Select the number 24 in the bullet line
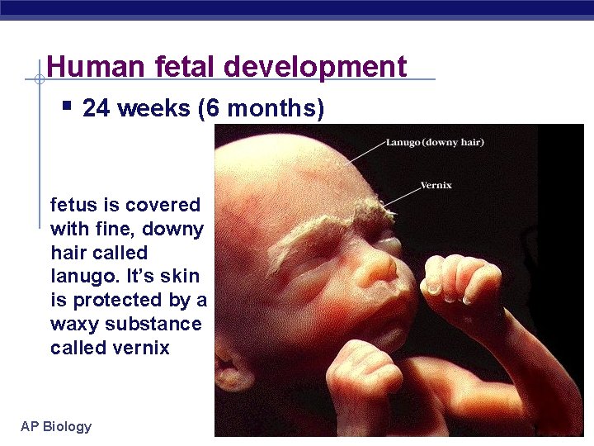[x=97, y=108]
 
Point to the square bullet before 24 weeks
[x=67, y=106]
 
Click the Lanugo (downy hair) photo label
[x=435, y=142]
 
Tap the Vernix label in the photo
[x=436, y=185]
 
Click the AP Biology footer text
[x=56, y=426]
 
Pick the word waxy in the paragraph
[x=72, y=324]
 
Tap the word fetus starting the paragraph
[x=73, y=205]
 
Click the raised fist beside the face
[x=458, y=280]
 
